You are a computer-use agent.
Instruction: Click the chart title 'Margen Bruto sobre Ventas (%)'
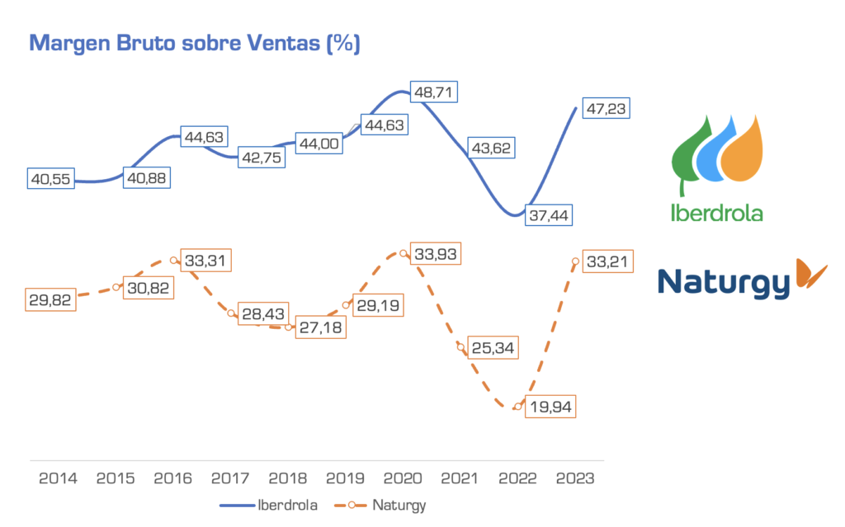coord(195,44)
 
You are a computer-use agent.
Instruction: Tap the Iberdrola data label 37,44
coord(553,215)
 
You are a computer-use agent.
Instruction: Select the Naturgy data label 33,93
coord(436,253)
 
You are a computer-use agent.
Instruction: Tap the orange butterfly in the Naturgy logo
coord(812,275)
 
